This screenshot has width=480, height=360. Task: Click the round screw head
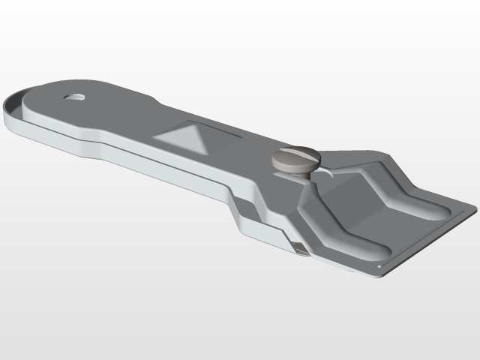tap(295, 160)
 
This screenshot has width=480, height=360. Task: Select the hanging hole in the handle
tap(74, 97)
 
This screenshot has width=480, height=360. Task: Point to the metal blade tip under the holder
tap(300, 252)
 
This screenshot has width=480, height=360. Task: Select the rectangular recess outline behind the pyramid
tap(217, 127)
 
